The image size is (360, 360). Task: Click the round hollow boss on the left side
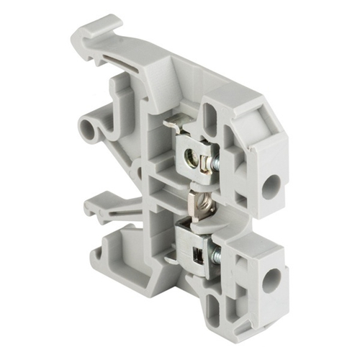click(90, 130)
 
